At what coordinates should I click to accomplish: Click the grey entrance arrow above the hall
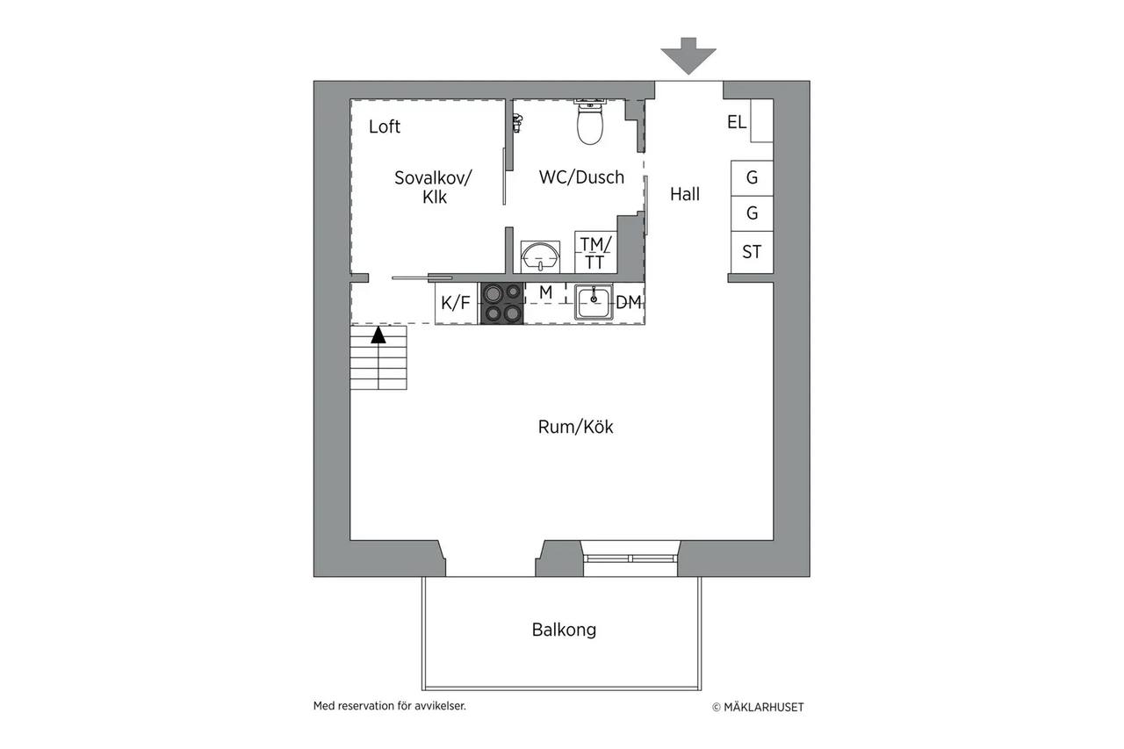(688, 56)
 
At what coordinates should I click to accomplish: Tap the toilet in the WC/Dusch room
(589, 122)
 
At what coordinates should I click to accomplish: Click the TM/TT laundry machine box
(595, 252)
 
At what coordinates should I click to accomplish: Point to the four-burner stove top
(502, 304)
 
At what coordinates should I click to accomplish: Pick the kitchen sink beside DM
(594, 303)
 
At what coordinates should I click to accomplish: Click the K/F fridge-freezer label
(456, 303)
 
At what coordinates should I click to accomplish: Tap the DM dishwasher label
(628, 302)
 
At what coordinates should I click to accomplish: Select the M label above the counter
(546, 292)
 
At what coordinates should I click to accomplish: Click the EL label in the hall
(737, 122)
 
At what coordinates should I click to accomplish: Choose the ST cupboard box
(752, 252)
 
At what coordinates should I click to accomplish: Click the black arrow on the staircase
(378, 335)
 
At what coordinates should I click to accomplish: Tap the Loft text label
(385, 126)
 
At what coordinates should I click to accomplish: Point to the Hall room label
(684, 194)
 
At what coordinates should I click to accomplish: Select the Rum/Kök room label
(575, 427)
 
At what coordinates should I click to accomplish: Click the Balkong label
(564, 630)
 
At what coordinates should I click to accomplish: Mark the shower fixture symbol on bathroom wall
(517, 123)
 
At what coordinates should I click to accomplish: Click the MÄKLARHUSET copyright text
(758, 708)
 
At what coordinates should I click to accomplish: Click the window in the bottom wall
(630, 558)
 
